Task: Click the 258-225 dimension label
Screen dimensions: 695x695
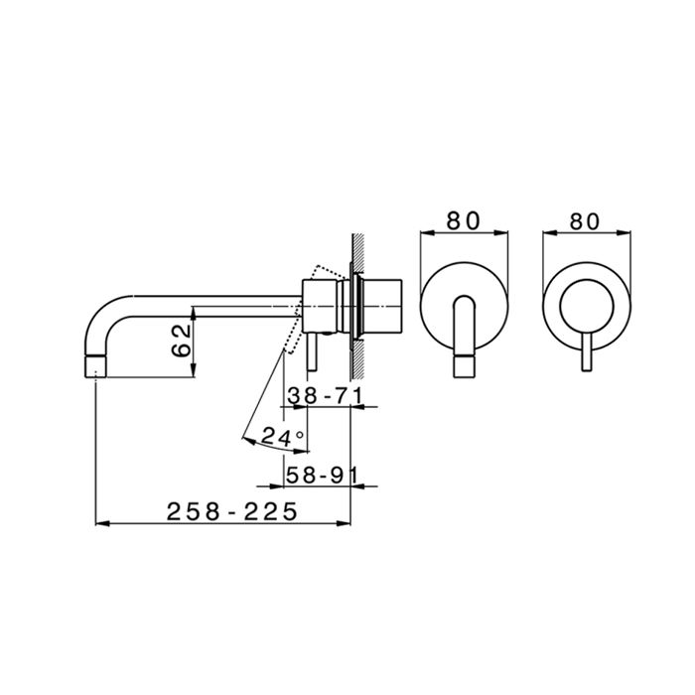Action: (231, 512)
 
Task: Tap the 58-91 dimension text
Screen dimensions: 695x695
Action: (322, 476)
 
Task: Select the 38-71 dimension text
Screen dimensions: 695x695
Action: (325, 396)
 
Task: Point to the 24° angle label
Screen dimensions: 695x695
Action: (282, 437)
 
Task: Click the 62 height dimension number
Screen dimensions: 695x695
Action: (182, 341)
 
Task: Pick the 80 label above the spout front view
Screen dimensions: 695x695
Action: (464, 220)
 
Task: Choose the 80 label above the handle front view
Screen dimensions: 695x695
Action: (585, 221)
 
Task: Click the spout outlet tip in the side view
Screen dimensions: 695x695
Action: (95, 366)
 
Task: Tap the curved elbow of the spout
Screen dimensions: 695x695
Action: (103, 316)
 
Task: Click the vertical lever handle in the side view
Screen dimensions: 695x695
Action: (312, 351)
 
